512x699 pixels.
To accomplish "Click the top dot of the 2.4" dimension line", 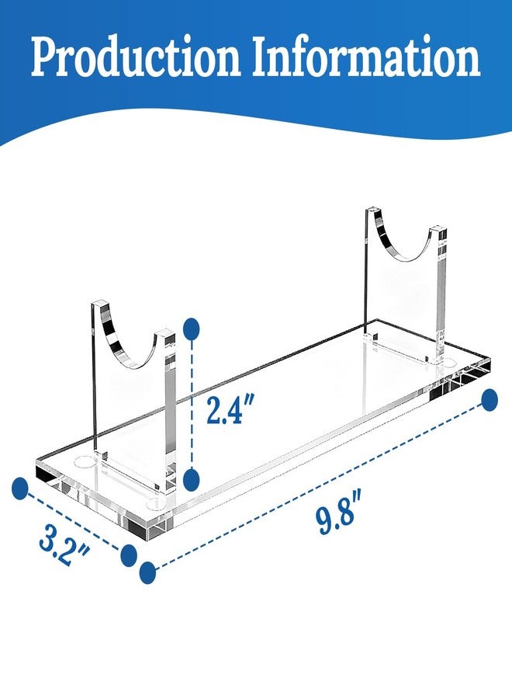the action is coord(191,328).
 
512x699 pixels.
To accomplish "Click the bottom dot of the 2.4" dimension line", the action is coord(191,480).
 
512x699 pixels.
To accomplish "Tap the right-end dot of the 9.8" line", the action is coord(490,400).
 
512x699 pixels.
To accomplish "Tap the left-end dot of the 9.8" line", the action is coord(148,573).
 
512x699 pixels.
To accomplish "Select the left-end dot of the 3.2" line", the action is coord(20,489).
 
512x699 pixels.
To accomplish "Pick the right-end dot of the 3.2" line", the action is coord(129,555).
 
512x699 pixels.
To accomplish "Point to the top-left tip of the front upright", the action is coord(92,304).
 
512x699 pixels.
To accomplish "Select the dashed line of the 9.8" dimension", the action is coord(319,486).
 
